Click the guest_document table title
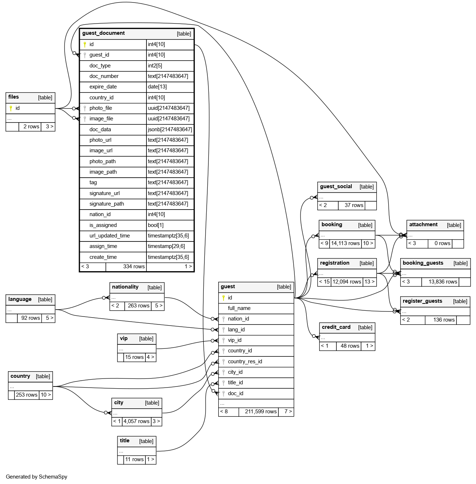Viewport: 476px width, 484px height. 103,33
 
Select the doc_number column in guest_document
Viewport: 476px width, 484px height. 104,76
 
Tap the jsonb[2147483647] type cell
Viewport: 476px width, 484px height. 170,129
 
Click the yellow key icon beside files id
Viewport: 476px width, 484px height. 11,108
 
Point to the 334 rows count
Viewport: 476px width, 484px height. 134,266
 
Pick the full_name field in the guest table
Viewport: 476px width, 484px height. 239,308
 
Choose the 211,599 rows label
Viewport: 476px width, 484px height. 261,411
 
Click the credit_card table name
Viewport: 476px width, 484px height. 336,327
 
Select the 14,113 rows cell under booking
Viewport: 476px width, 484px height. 345,243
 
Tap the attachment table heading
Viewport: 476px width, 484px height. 423,224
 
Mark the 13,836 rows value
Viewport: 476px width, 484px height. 443,282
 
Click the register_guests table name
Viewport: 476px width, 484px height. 422,301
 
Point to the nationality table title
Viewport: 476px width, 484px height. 125,287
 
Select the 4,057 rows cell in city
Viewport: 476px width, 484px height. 136,421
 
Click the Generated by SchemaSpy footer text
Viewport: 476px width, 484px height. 37,477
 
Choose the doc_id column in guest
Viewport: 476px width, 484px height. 235,393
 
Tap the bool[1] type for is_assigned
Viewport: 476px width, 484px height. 156,225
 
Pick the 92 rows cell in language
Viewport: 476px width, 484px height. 30,318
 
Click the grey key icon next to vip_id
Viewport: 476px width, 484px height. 224,340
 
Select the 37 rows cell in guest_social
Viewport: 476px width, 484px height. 354,205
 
